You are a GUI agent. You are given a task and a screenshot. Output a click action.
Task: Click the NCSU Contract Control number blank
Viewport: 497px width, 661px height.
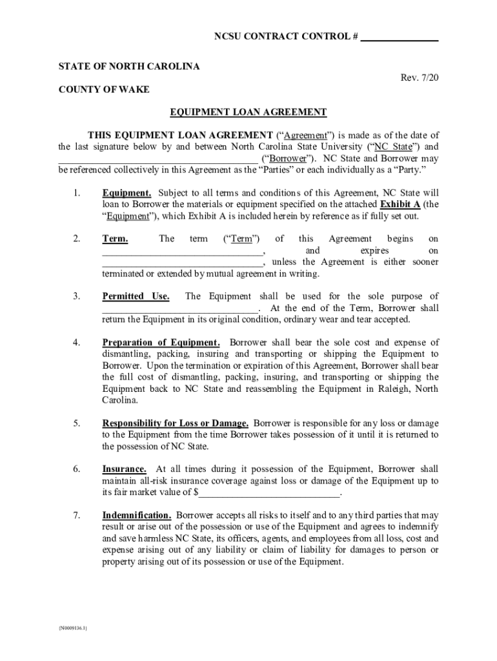click(x=399, y=37)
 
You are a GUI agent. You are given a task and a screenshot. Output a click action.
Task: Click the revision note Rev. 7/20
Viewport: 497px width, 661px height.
click(x=420, y=77)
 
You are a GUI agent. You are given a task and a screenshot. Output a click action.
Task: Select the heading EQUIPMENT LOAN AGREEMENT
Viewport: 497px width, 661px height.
click(x=248, y=112)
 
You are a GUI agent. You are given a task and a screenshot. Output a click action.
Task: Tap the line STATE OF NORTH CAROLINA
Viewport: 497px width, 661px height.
click(x=129, y=66)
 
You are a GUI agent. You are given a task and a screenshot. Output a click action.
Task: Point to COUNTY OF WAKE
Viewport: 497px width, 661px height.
click(x=104, y=90)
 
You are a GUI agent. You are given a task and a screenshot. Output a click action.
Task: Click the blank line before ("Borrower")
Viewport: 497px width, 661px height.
click(x=157, y=159)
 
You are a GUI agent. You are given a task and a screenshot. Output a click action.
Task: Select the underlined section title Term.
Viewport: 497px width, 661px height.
click(x=115, y=239)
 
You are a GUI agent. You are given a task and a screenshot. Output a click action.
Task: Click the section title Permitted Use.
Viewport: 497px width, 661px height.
click(x=136, y=296)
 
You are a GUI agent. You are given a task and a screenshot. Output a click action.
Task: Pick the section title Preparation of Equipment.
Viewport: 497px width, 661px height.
click(x=161, y=342)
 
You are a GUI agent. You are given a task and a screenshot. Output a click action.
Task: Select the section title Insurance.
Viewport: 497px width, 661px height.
click(x=124, y=469)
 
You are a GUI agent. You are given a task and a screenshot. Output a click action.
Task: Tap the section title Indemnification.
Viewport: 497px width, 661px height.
click(x=136, y=515)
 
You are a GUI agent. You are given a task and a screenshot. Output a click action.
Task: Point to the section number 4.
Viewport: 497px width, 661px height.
click(x=76, y=342)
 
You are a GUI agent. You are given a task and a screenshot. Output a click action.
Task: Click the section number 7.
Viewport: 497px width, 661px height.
click(x=76, y=515)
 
